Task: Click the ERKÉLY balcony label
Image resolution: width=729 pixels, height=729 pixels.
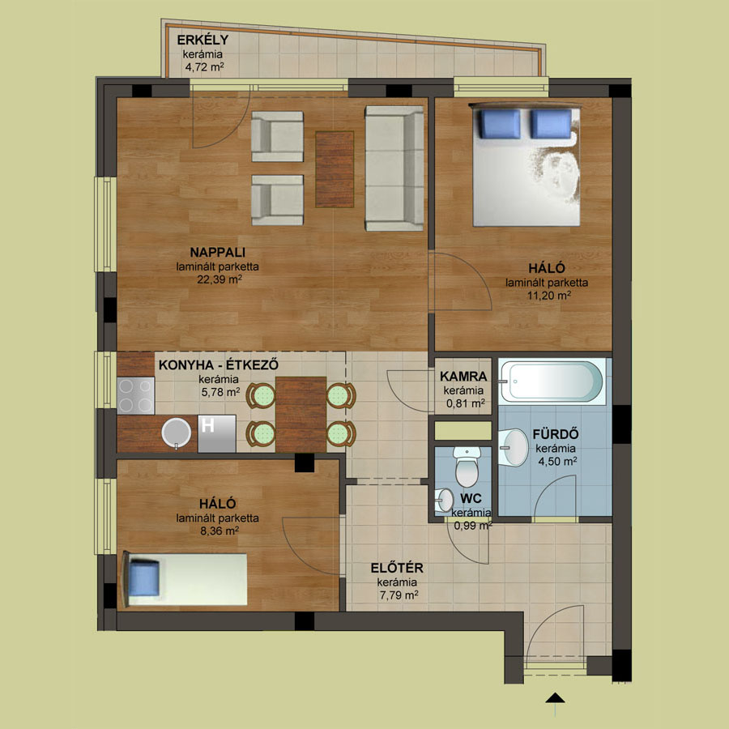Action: click(202, 40)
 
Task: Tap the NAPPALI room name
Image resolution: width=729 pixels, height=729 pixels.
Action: click(218, 253)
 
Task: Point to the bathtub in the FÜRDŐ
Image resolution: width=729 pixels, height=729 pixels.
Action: click(552, 382)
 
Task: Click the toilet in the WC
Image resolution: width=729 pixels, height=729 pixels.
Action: click(467, 467)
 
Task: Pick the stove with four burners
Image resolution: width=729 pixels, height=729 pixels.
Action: click(136, 395)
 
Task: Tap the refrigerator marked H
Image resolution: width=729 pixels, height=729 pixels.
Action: click(216, 433)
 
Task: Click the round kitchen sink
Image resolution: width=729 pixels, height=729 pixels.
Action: click(177, 433)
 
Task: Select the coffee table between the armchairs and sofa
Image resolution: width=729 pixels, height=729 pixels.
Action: click(335, 169)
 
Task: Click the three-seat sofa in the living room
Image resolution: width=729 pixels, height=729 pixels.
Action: click(394, 168)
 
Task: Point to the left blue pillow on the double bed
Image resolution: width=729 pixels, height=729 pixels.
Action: click(501, 124)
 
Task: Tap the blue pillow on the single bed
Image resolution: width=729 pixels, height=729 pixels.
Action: click(144, 578)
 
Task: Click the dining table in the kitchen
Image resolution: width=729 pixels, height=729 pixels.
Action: click(301, 414)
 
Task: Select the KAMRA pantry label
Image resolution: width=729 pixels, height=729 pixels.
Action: click(463, 376)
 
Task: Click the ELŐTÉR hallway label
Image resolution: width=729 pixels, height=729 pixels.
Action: click(397, 568)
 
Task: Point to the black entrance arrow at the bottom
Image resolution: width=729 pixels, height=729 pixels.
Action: click(555, 698)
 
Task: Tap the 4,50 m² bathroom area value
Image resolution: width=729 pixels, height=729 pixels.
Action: click(557, 461)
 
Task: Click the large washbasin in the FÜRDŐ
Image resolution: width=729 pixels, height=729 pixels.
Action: click(514, 447)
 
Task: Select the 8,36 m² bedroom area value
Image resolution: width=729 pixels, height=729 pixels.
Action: click(220, 531)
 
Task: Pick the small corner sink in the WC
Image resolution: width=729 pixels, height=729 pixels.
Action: click(444, 501)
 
